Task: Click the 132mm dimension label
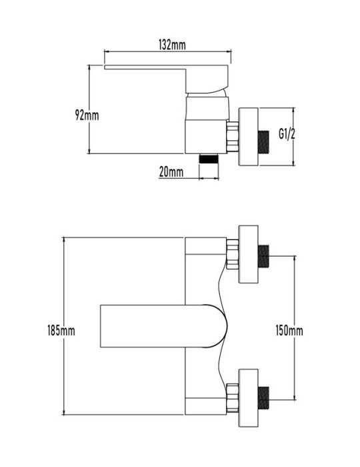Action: tap(172, 45)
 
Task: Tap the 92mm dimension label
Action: tap(87, 115)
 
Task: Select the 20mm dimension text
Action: tap(171, 172)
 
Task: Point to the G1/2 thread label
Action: tap(287, 133)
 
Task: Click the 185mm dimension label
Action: tap(61, 331)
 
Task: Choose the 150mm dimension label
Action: tap(289, 331)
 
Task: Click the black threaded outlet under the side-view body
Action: tap(209, 158)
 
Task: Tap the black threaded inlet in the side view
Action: tap(263, 142)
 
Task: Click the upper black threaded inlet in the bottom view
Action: tap(263, 256)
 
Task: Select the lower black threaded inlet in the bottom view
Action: tap(263, 398)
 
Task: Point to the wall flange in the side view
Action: tap(248, 136)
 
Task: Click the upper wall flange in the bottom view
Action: tap(248, 254)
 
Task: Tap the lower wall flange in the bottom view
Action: tap(248, 398)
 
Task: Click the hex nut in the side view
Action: tap(233, 136)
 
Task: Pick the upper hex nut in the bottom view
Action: tap(233, 254)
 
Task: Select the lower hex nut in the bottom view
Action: tap(233, 398)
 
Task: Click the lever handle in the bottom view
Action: tap(163, 326)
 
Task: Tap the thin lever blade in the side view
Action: tap(145, 67)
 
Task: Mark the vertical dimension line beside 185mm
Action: tap(64, 326)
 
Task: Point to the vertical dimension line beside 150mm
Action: tap(295, 328)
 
